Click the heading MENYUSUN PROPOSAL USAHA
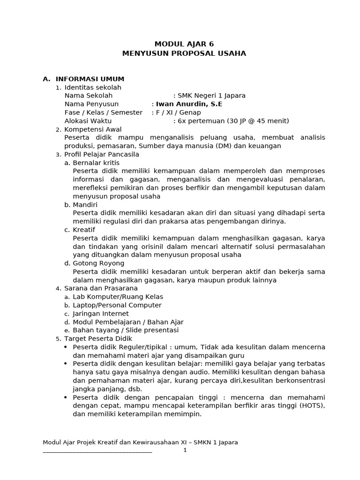[184, 53]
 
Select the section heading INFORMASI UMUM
[90, 79]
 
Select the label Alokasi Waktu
[88, 121]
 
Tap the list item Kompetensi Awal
[93, 129]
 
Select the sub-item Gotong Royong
[98, 263]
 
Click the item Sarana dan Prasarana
[101, 288]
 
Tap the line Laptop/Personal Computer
[117, 305]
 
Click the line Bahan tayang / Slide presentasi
[126, 330]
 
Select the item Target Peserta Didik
[98, 338]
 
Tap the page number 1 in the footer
[185, 450]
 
